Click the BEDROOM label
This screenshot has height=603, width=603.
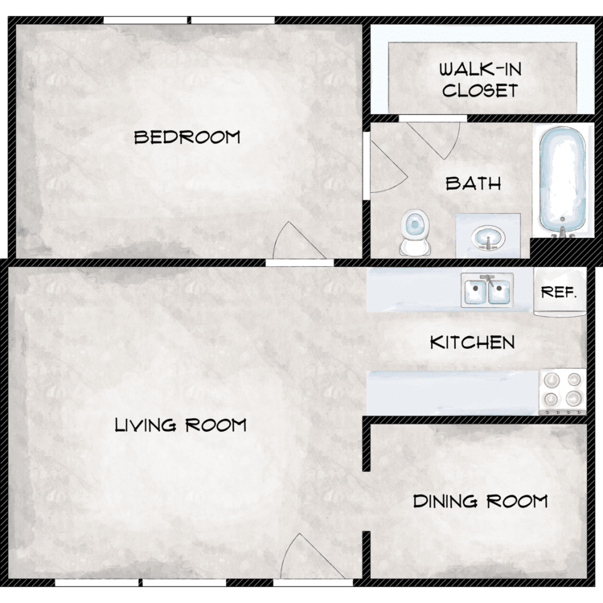[x=187, y=137]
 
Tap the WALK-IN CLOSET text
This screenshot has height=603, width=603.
[x=480, y=80]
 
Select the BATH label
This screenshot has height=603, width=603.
[x=474, y=183]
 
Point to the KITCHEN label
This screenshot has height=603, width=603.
[x=472, y=343]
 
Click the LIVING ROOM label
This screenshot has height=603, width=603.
[x=181, y=425]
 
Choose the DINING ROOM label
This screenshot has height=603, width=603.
[x=480, y=501]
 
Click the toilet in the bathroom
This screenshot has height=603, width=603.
[x=415, y=232]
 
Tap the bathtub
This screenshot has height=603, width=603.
[x=563, y=181]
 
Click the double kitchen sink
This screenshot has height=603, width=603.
[x=487, y=290]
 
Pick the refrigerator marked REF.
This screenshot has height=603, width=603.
[x=560, y=292]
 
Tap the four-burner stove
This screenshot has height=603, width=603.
[x=563, y=392]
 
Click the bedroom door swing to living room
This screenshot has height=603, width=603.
[x=299, y=240]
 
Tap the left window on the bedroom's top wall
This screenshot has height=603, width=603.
[x=146, y=20]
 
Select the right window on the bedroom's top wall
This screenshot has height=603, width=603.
[x=233, y=20]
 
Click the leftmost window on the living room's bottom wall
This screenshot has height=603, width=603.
[x=96, y=583]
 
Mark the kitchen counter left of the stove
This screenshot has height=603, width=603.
[x=453, y=393]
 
